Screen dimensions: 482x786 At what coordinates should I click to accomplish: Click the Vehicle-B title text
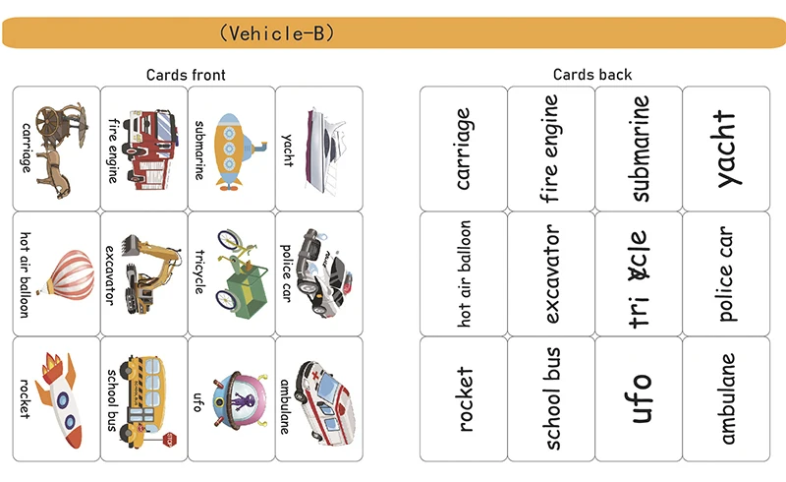point(277,33)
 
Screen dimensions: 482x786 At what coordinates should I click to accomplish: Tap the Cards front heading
point(187,75)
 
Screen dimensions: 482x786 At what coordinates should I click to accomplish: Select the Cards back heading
point(592,75)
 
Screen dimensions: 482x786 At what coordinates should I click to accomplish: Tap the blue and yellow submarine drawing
point(236,149)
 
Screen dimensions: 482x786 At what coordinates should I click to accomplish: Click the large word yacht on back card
point(726,149)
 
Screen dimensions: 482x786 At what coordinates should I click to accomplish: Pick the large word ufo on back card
point(640,398)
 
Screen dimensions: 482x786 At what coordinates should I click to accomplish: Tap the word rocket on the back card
point(464,399)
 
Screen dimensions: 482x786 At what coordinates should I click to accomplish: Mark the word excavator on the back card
point(551,273)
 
